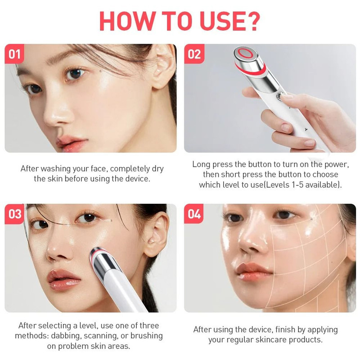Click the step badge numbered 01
pyautogui.click(x=14, y=54)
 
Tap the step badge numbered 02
pyautogui.click(x=194, y=54)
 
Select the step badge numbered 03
pyautogui.click(x=15, y=214)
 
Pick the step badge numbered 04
pyautogui.click(x=194, y=214)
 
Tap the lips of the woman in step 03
pyautogui.click(x=64, y=279)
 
